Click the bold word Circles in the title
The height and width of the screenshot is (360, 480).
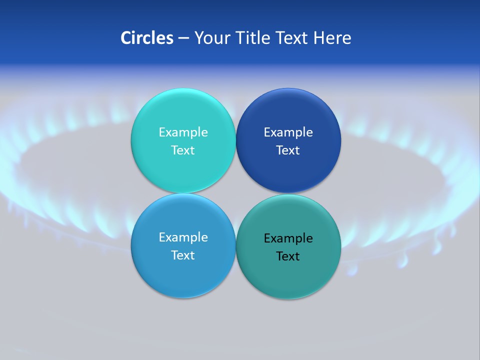(x=147, y=38)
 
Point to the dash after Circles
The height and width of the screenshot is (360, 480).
(x=183, y=38)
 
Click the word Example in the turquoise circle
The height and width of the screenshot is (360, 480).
(x=183, y=132)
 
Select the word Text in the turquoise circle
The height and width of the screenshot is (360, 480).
(x=183, y=150)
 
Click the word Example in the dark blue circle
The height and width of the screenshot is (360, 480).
(x=288, y=132)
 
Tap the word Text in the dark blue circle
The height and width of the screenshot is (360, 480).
(x=288, y=150)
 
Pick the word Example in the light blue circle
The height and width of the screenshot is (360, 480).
(x=183, y=237)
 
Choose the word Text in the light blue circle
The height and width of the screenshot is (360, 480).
(x=183, y=255)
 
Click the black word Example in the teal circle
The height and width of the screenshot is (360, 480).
(x=288, y=238)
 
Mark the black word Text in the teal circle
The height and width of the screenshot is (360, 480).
(x=288, y=256)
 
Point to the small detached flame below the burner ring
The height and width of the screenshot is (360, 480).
(x=403, y=260)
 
